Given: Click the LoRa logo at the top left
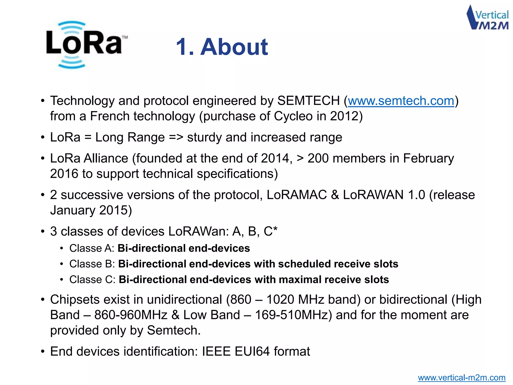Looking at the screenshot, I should point(84,45).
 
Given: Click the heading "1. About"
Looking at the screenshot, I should point(222,47).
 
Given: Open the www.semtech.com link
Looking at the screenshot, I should point(401,101).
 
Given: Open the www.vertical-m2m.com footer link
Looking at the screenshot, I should point(462,377).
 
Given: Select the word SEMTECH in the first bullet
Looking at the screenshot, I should point(308,101).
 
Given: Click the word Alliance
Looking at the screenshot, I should point(106,159).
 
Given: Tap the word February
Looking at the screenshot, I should point(428,159).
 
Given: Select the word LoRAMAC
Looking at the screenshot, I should point(297,195).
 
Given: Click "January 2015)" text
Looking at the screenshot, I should point(91,210).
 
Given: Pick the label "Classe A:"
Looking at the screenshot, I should point(92,248).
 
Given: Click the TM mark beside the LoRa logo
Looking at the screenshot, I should point(125,37).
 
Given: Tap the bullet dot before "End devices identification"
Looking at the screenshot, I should point(43,352).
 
